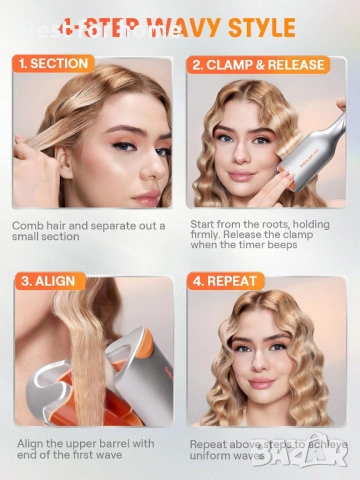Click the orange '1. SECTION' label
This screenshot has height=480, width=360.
53,64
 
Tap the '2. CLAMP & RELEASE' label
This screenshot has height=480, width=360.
258,65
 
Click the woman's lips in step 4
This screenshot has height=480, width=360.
262,383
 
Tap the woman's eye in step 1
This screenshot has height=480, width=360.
125,147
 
